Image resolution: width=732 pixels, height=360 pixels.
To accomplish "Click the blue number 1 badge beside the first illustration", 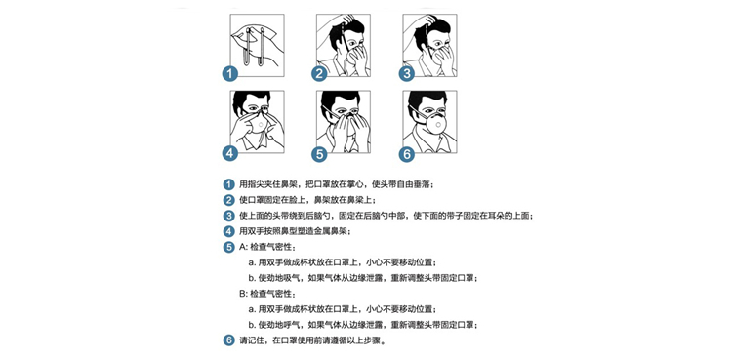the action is [x=229, y=74].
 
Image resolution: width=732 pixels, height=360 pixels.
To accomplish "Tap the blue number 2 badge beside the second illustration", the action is [x=320, y=74].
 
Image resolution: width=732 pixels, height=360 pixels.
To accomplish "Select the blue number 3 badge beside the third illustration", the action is [x=407, y=74].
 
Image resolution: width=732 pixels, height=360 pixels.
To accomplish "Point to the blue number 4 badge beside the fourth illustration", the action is [x=229, y=153].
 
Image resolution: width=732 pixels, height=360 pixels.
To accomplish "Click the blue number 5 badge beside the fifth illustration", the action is [x=320, y=153].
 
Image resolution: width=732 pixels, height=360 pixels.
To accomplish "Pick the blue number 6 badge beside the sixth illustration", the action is [x=407, y=153].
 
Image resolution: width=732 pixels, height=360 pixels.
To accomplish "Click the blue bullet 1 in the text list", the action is [x=228, y=184].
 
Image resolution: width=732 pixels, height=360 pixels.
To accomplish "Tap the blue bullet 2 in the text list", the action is [x=228, y=200].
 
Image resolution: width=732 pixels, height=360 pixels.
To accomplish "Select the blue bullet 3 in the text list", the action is [x=228, y=216].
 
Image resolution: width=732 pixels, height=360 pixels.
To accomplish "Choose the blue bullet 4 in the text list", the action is [x=228, y=231].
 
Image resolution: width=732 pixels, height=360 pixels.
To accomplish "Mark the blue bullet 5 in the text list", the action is [x=228, y=247].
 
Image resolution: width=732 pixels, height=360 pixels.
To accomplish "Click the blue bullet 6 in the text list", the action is [x=228, y=340].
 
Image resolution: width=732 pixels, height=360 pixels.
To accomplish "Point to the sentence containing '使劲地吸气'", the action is [x=363, y=278].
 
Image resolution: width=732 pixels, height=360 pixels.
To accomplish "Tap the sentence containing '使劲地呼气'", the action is [x=363, y=325].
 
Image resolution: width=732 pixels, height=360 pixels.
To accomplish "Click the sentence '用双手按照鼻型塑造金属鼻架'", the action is [x=295, y=231].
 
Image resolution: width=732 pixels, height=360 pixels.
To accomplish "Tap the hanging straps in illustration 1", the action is [x=255, y=47].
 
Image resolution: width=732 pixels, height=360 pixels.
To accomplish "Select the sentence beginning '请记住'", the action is [x=312, y=340].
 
